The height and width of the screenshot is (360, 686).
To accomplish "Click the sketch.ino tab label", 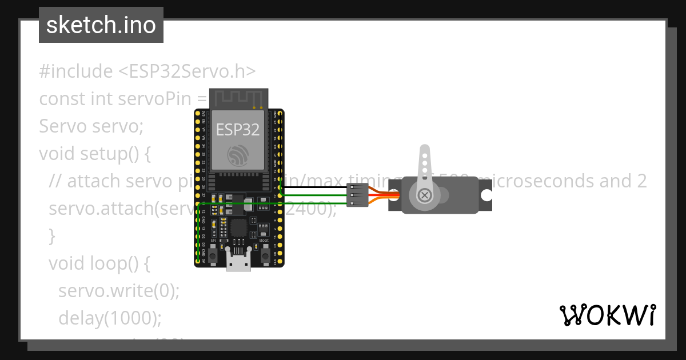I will tap(101, 25).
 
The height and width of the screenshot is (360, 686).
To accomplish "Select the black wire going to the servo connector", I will tap(314, 187).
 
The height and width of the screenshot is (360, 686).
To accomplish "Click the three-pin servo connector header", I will tap(357, 195).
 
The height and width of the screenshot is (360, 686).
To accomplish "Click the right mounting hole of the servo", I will tap(486, 195).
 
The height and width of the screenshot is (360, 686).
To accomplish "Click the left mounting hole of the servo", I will tap(394, 195).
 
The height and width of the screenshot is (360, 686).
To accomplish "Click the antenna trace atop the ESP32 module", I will tap(238, 98).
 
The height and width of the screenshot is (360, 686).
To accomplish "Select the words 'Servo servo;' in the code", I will tap(91, 126).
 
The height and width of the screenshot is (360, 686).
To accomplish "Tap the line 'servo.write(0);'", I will tap(119, 290).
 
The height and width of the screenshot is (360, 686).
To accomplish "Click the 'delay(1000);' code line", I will tap(110, 317).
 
